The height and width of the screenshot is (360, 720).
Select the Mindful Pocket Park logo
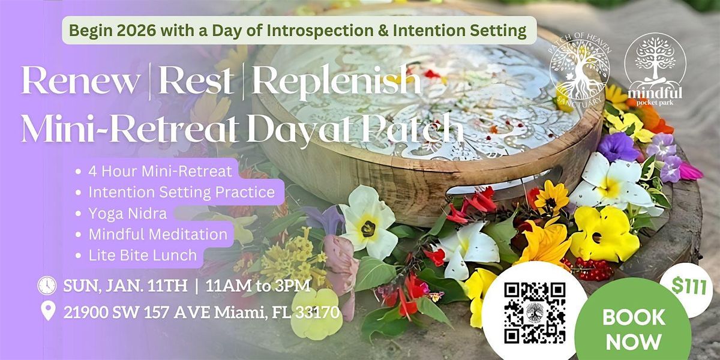[655, 69]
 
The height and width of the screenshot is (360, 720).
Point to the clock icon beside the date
[47, 285]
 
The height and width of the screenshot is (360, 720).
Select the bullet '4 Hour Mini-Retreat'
[159, 172]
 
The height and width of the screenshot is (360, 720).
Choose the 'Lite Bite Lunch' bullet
[142, 255]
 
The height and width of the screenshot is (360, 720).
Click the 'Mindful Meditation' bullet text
[157, 234]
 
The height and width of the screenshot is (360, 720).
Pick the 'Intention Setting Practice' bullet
[181, 193]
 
